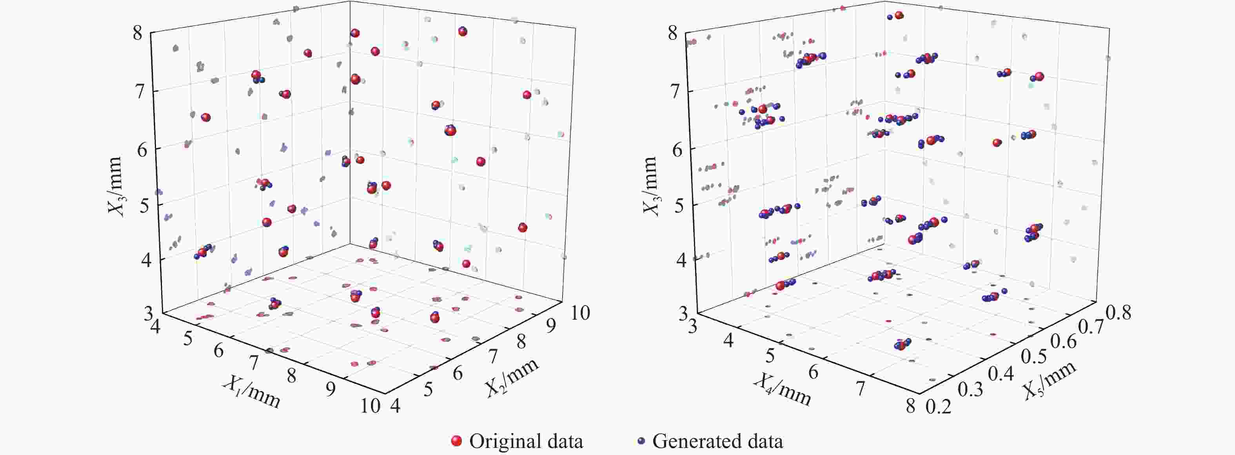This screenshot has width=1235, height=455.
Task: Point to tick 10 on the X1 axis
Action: tap(370, 407)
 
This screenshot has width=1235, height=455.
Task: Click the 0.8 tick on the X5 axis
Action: tap(1119, 313)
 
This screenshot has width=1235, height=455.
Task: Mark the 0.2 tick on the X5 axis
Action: tap(935, 408)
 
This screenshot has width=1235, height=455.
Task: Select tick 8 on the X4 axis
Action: tap(910, 407)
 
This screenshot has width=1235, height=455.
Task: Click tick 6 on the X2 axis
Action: tap(458, 373)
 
